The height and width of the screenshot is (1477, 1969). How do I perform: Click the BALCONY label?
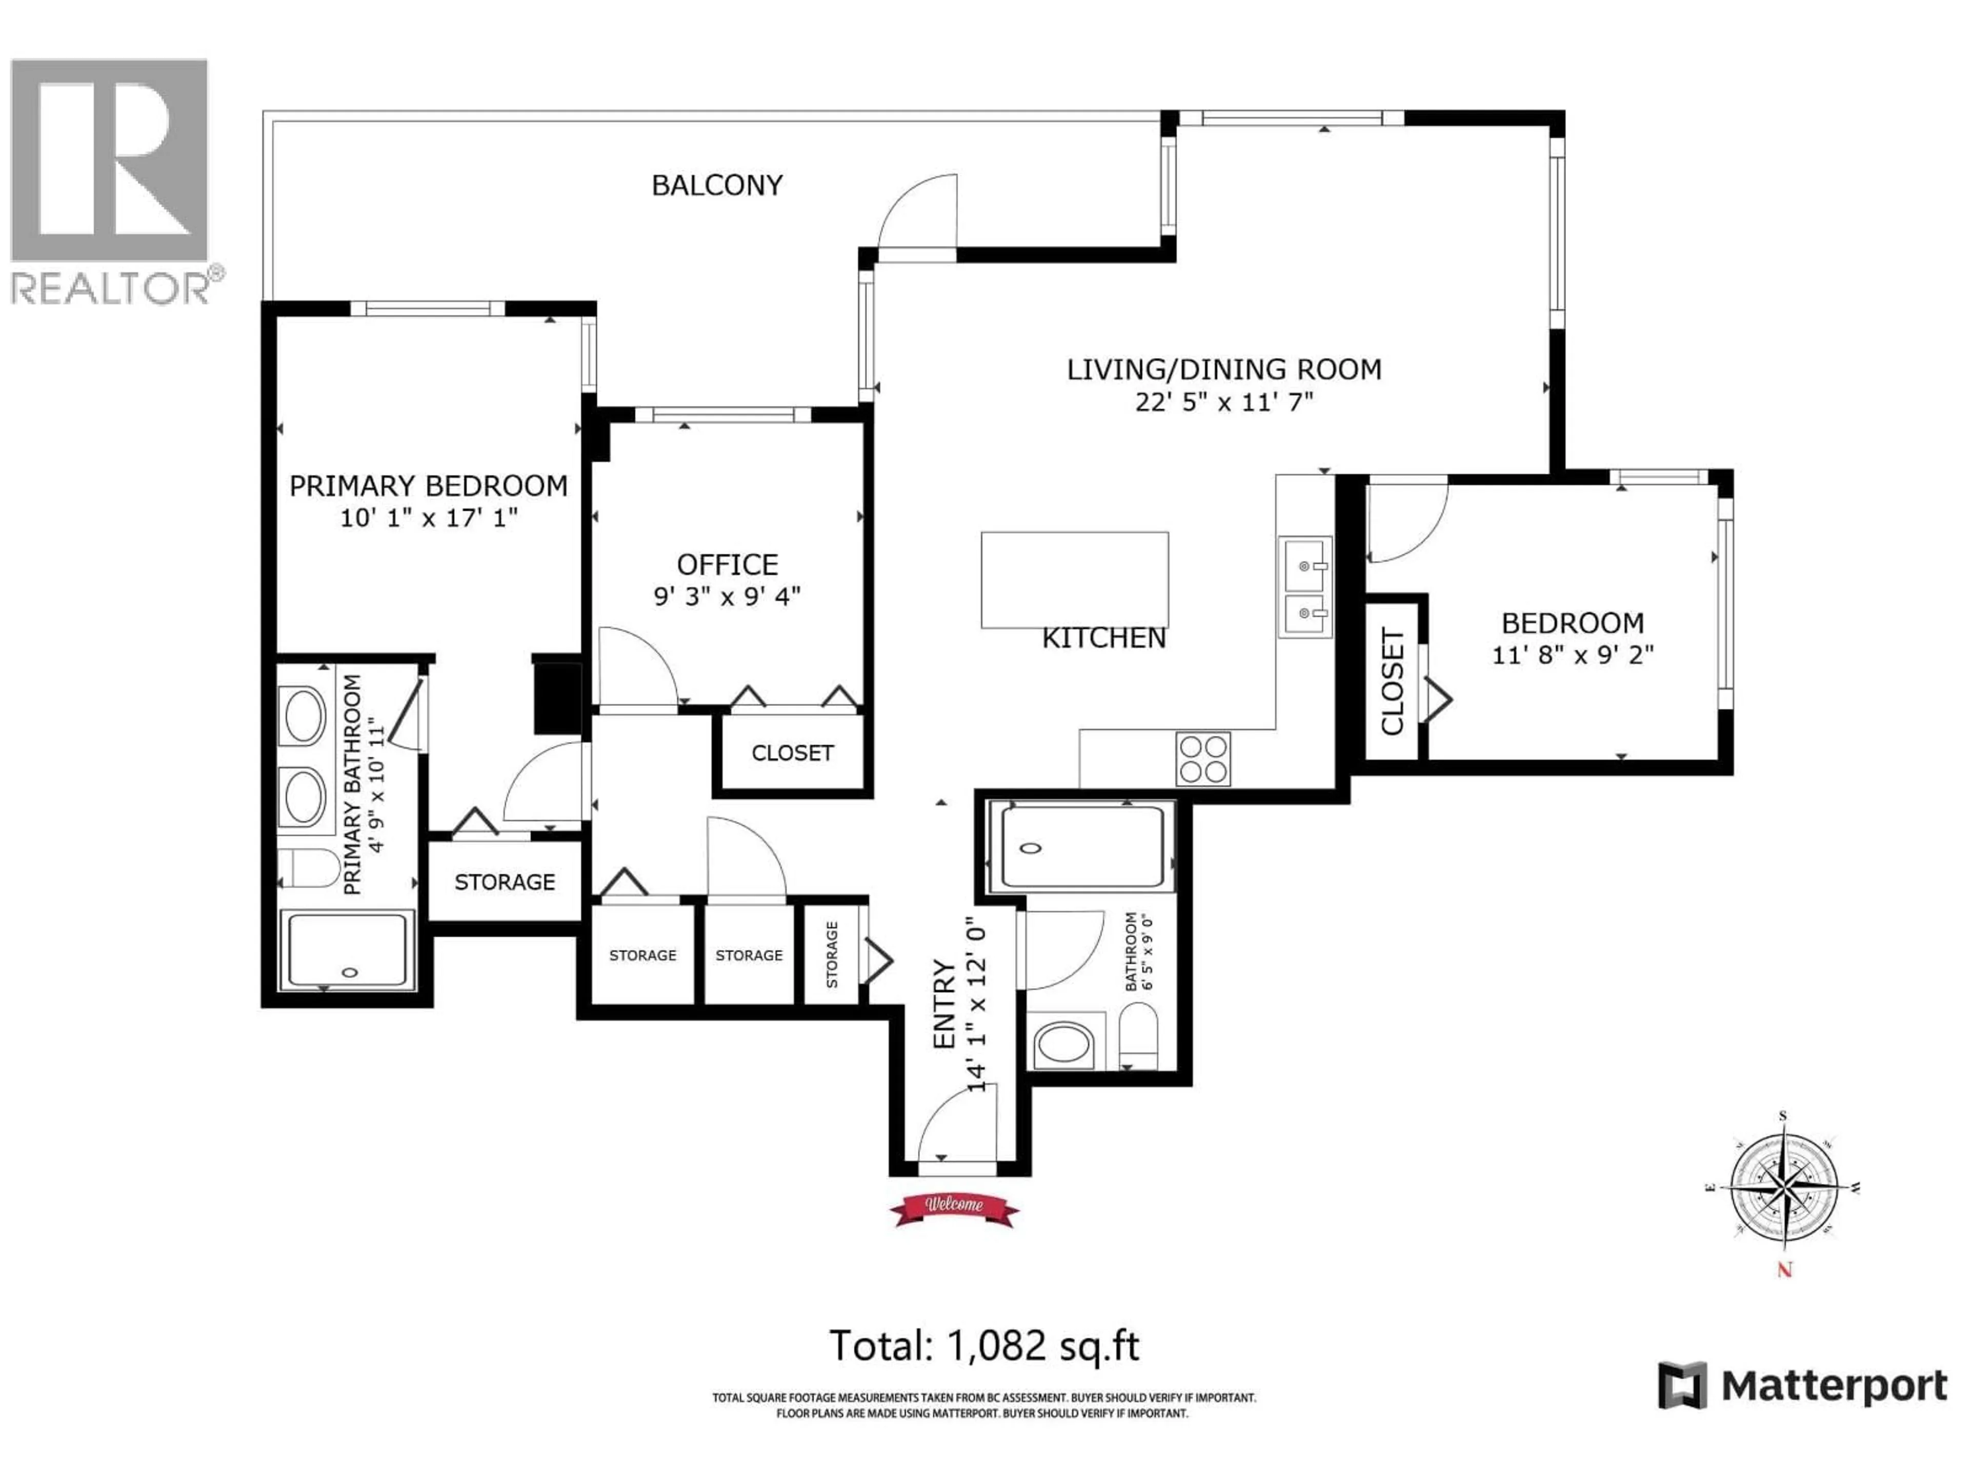[x=716, y=185]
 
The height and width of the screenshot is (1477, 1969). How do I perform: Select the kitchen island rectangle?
[x=1074, y=580]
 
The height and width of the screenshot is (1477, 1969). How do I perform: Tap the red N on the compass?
[x=1784, y=1270]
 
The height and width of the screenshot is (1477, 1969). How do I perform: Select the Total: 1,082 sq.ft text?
[x=983, y=1345]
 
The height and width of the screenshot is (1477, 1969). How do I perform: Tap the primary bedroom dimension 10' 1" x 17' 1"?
[x=428, y=517]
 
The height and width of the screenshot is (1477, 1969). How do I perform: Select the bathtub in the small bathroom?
[x=1080, y=847]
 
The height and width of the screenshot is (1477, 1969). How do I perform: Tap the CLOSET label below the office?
[x=792, y=753]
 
